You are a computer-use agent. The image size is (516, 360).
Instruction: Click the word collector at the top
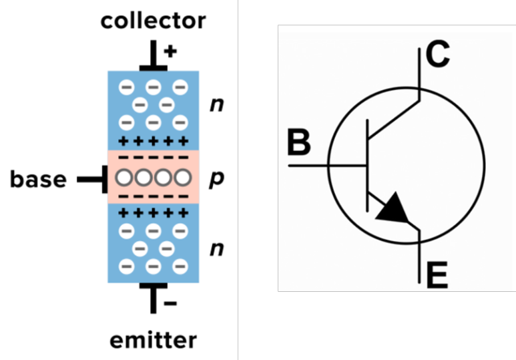click(153, 21)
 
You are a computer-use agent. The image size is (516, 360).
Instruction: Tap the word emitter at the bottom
click(153, 340)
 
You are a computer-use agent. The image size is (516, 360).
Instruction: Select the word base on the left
click(38, 179)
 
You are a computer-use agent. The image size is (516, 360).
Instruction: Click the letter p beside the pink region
click(216, 179)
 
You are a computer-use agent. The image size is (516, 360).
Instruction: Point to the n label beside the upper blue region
click(216, 105)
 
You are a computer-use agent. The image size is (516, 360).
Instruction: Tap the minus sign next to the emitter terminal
click(170, 304)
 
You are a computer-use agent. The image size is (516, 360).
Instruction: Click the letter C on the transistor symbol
click(437, 57)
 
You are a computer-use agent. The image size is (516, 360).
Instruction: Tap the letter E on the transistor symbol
click(437, 276)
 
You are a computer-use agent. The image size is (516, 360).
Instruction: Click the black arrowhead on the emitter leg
click(393, 209)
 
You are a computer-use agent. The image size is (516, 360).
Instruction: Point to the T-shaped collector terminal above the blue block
click(154, 59)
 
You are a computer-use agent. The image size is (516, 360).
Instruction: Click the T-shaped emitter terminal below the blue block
click(154, 296)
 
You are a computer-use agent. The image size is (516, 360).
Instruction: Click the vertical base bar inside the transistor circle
click(368, 164)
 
